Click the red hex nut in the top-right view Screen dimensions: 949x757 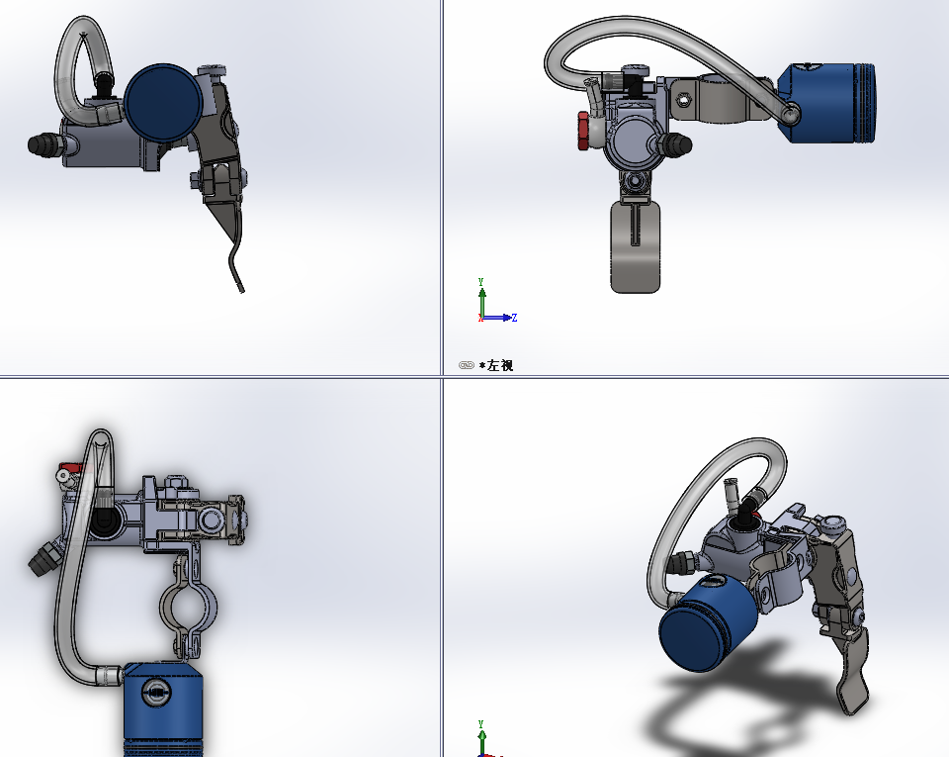pyautogui.click(x=583, y=131)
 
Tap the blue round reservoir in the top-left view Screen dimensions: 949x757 pyautogui.click(x=163, y=102)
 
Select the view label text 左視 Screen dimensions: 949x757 pyautogui.click(x=500, y=365)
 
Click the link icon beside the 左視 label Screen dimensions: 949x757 pyautogui.click(x=466, y=365)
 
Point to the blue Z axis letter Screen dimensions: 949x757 pyautogui.click(x=514, y=318)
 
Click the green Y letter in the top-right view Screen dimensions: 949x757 pyautogui.click(x=480, y=282)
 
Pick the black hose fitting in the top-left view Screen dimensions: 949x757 pyautogui.click(x=43, y=144)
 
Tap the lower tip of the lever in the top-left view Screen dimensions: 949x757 pyautogui.click(x=241, y=291)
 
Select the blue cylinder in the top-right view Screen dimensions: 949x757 pyautogui.click(x=826, y=103)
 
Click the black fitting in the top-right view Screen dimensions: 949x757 pyautogui.click(x=676, y=143)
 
